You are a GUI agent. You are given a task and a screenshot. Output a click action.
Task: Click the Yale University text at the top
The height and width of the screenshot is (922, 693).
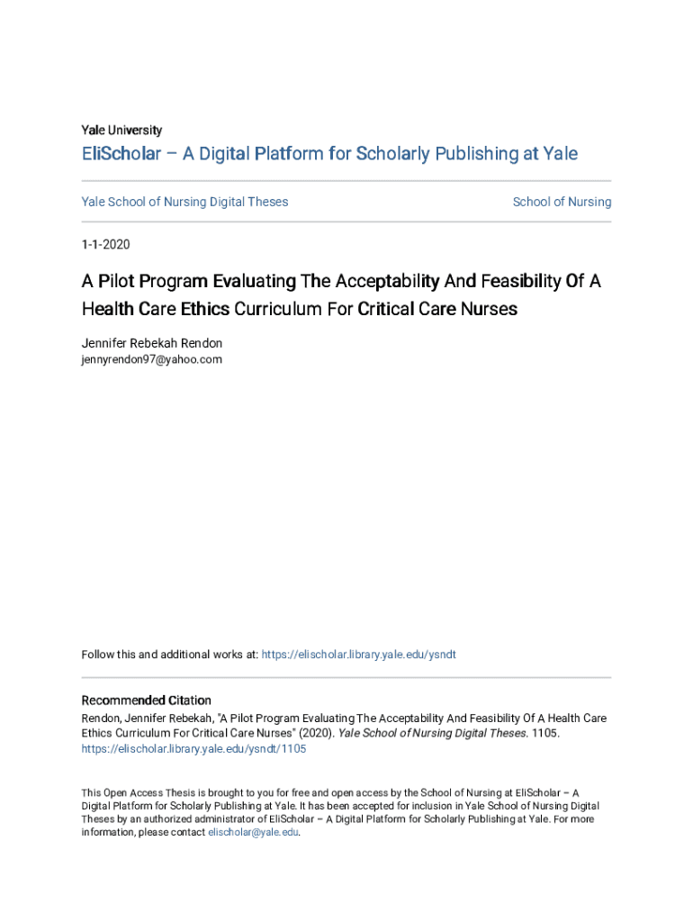click(121, 130)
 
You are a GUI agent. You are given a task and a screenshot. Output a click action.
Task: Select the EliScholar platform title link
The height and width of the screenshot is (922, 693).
click(329, 154)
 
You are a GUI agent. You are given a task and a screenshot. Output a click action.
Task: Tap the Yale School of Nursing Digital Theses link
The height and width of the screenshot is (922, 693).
click(184, 202)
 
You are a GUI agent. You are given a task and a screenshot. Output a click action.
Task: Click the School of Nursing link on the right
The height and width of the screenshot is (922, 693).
click(562, 202)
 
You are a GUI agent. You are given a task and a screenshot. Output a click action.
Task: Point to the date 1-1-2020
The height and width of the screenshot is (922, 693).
click(105, 244)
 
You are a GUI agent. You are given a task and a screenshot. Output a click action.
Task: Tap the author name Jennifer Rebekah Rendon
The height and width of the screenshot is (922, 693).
click(151, 343)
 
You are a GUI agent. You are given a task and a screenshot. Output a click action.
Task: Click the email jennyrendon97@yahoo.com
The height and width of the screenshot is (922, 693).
click(151, 359)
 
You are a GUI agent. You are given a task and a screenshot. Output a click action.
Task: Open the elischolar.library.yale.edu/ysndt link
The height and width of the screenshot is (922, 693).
click(358, 655)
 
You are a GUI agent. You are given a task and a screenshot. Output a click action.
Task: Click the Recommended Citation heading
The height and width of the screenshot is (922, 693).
click(146, 701)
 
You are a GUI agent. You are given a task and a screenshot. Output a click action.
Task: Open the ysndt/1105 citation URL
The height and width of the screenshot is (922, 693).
click(193, 749)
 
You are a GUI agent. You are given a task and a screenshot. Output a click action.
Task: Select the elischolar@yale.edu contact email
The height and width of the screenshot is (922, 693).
click(253, 833)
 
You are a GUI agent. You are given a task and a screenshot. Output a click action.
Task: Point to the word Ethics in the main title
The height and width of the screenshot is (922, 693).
click(204, 310)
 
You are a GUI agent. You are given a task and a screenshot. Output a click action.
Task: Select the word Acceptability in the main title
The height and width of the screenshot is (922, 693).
click(375, 282)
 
